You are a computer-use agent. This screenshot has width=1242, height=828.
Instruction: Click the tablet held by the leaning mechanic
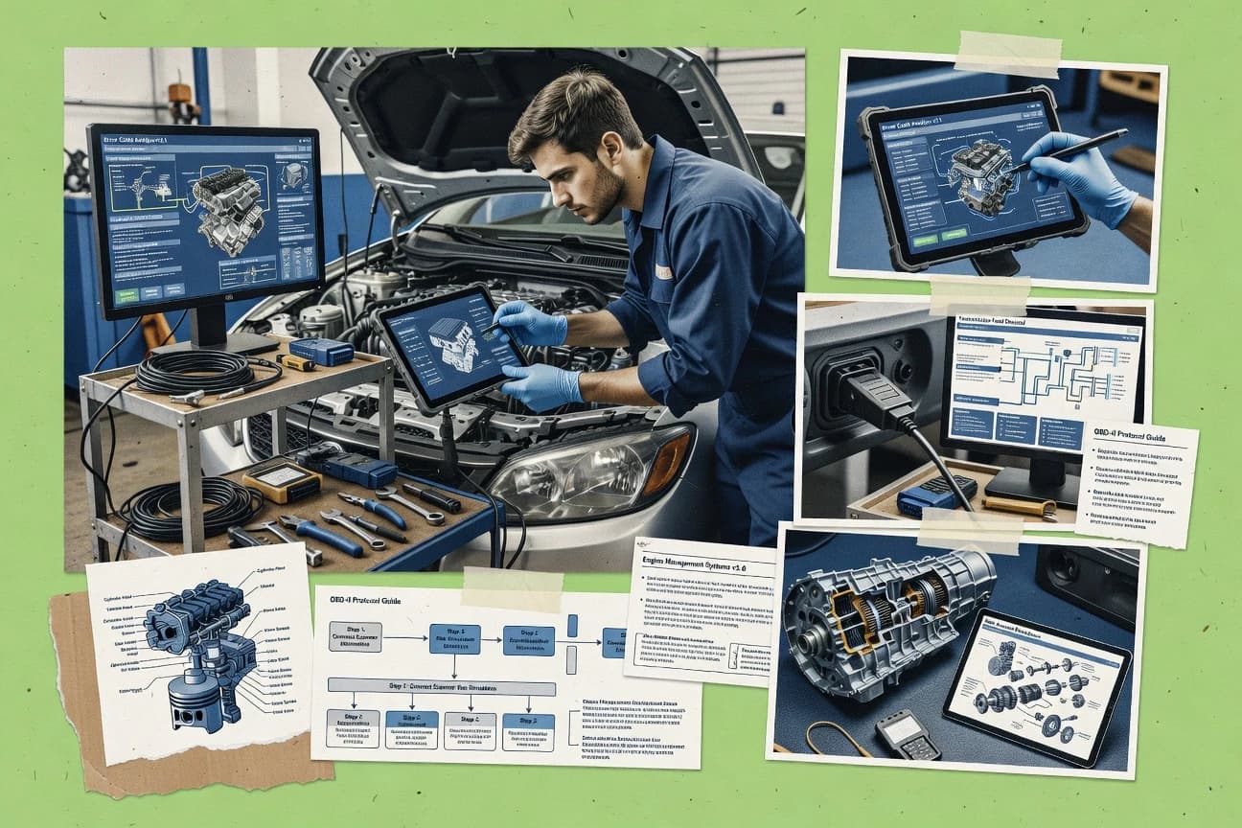click(x=449, y=350)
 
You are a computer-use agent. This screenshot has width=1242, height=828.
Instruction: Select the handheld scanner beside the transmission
click(x=907, y=734)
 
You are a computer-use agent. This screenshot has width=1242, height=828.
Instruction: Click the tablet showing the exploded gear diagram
click(x=1036, y=684)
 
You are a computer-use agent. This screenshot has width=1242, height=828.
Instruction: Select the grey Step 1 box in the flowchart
click(x=355, y=636)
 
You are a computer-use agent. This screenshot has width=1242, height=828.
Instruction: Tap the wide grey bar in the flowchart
click(x=441, y=687)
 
